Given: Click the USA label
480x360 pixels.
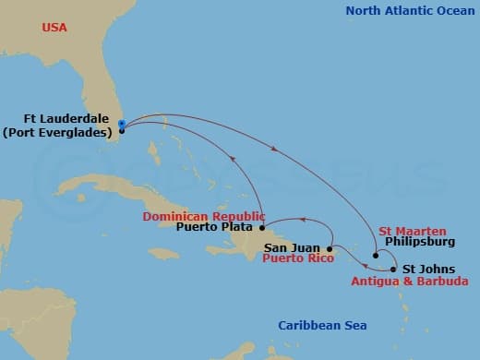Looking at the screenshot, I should click(x=54, y=28).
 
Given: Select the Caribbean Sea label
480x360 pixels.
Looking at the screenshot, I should click(x=322, y=325).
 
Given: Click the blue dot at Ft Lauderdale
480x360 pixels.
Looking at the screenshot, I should click(x=122, y=123).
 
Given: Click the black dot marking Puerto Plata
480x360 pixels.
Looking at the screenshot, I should click(x=262, y=227).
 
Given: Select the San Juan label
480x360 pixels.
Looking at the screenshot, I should click(x=293, y=247).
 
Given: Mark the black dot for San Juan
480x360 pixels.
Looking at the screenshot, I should click(x=330, y=247).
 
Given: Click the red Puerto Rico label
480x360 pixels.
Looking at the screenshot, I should click(x=294, y=259).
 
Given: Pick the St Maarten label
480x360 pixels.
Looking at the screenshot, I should click(x=413, y=231).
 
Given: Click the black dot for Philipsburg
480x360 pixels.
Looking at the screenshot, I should click(x=375, y=256).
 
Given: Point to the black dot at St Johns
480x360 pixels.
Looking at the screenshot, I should click(x=395, y=269).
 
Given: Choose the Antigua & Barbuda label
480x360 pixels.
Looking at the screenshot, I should click(x=408, y=281).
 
